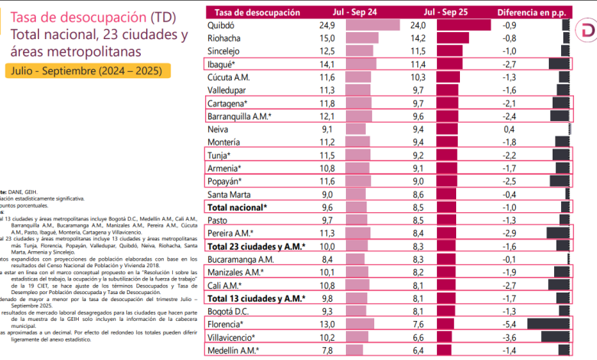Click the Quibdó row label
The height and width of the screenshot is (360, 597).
click(221, 25)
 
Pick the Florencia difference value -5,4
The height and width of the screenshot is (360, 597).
click(508, 325)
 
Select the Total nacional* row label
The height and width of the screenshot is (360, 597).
click(237, 208)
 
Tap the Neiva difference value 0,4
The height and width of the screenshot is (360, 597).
click(509, 129)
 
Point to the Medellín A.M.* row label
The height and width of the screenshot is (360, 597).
click(233, 351)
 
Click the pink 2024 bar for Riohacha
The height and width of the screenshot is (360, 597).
click(362, 38)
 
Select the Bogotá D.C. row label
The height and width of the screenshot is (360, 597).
click(229, 312)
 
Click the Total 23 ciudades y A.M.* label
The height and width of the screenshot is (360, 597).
click(256, 247)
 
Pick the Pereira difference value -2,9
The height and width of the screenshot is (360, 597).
click(508, 234)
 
